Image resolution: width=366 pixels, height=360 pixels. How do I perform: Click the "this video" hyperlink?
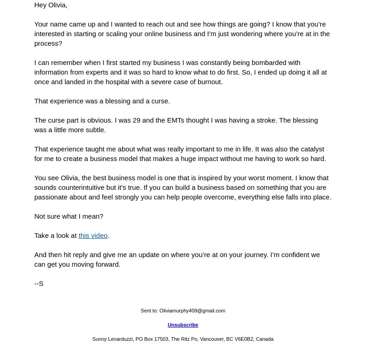pos(93,236)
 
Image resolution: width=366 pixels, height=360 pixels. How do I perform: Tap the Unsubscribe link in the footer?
pos(183,325)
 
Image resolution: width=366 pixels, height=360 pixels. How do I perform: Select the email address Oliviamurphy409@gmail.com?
pos(192,311)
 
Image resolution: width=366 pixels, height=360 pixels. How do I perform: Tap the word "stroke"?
pos(265,120)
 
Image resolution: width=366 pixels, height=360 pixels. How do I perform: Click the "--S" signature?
pos(39,284)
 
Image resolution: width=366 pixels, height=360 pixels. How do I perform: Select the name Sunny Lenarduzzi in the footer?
pos(113,339)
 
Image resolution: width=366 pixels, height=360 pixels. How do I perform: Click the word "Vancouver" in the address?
pos(211,339)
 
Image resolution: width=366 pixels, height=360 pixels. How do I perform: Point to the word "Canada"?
pos(264,339)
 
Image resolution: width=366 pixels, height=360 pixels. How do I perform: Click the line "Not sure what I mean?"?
pos(69,216)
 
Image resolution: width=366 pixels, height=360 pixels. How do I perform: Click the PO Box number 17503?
pos(161,339)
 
